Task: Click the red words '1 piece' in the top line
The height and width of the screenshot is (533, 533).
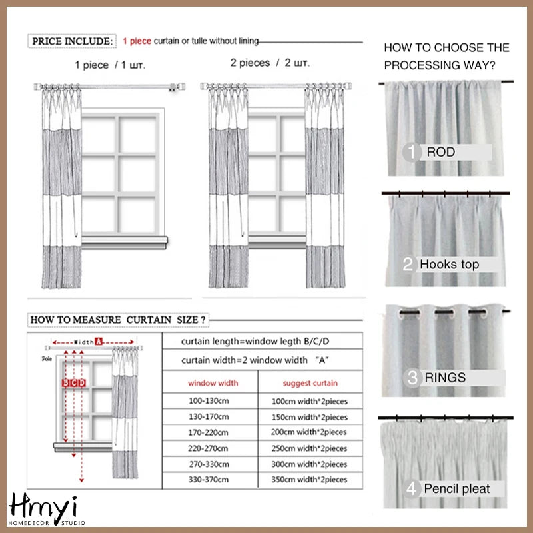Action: [x=137, y=41]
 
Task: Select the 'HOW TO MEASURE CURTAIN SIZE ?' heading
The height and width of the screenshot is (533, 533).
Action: [x=118, y=320]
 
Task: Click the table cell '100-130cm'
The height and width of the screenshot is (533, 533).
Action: [x=209, y=401]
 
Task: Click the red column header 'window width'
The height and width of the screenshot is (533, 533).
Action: [x=212, y=383]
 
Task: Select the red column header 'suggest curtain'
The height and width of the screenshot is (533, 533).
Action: [x=310, y=383]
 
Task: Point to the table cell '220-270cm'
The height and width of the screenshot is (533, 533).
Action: [x=209, y=448]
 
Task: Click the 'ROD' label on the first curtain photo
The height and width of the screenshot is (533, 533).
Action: [x=441, y=152]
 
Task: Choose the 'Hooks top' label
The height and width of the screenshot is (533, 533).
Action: [x=449, y=265]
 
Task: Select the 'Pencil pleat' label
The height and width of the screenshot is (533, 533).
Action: [x=456, y=489]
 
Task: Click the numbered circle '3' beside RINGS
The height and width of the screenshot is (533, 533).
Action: [x=413, y=378]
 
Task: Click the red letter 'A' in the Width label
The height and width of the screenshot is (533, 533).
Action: [x=98, y=342]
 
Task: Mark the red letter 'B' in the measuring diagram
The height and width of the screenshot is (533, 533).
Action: [x=65, y=382]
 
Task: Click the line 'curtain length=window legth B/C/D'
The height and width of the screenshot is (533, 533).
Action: [x=255, y=342]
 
